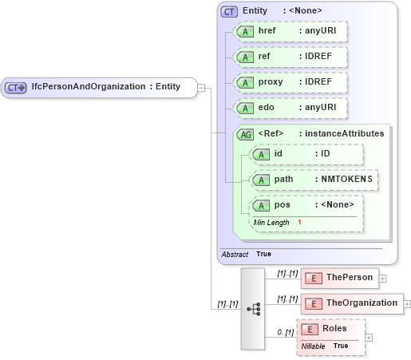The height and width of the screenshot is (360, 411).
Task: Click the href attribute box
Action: point(290,32)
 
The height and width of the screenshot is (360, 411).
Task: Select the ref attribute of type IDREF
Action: point(290,57)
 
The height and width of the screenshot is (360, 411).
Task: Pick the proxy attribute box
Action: point(290,83)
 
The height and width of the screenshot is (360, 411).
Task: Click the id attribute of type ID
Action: point(306,154)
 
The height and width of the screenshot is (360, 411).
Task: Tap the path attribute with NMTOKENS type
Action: point(314,180)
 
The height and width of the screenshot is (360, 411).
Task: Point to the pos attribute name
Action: point(282,205)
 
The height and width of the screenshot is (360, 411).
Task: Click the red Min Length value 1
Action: point(299,222)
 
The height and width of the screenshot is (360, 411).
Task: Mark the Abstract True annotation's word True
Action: point(263,254)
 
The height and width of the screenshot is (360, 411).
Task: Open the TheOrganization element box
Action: point(352,303)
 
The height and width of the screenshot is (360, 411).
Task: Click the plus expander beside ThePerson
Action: point(382,279)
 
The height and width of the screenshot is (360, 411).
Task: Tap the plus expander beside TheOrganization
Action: point(408,304)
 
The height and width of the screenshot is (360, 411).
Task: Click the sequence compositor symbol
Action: point(254,308)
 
